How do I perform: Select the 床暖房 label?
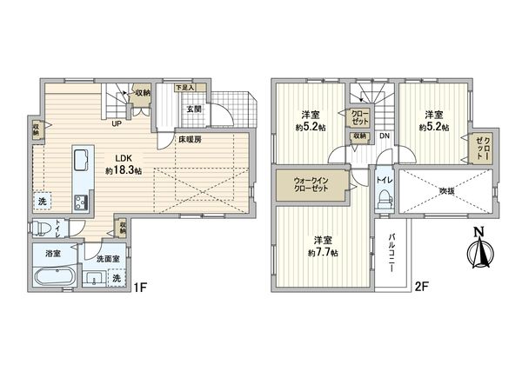(x=191, y=139)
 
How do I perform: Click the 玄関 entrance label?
(x=193, y=109)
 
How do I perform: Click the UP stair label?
(x=115, y=122)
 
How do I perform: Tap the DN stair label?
(x=384, y=136)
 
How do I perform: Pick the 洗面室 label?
(x=107, y=258)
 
